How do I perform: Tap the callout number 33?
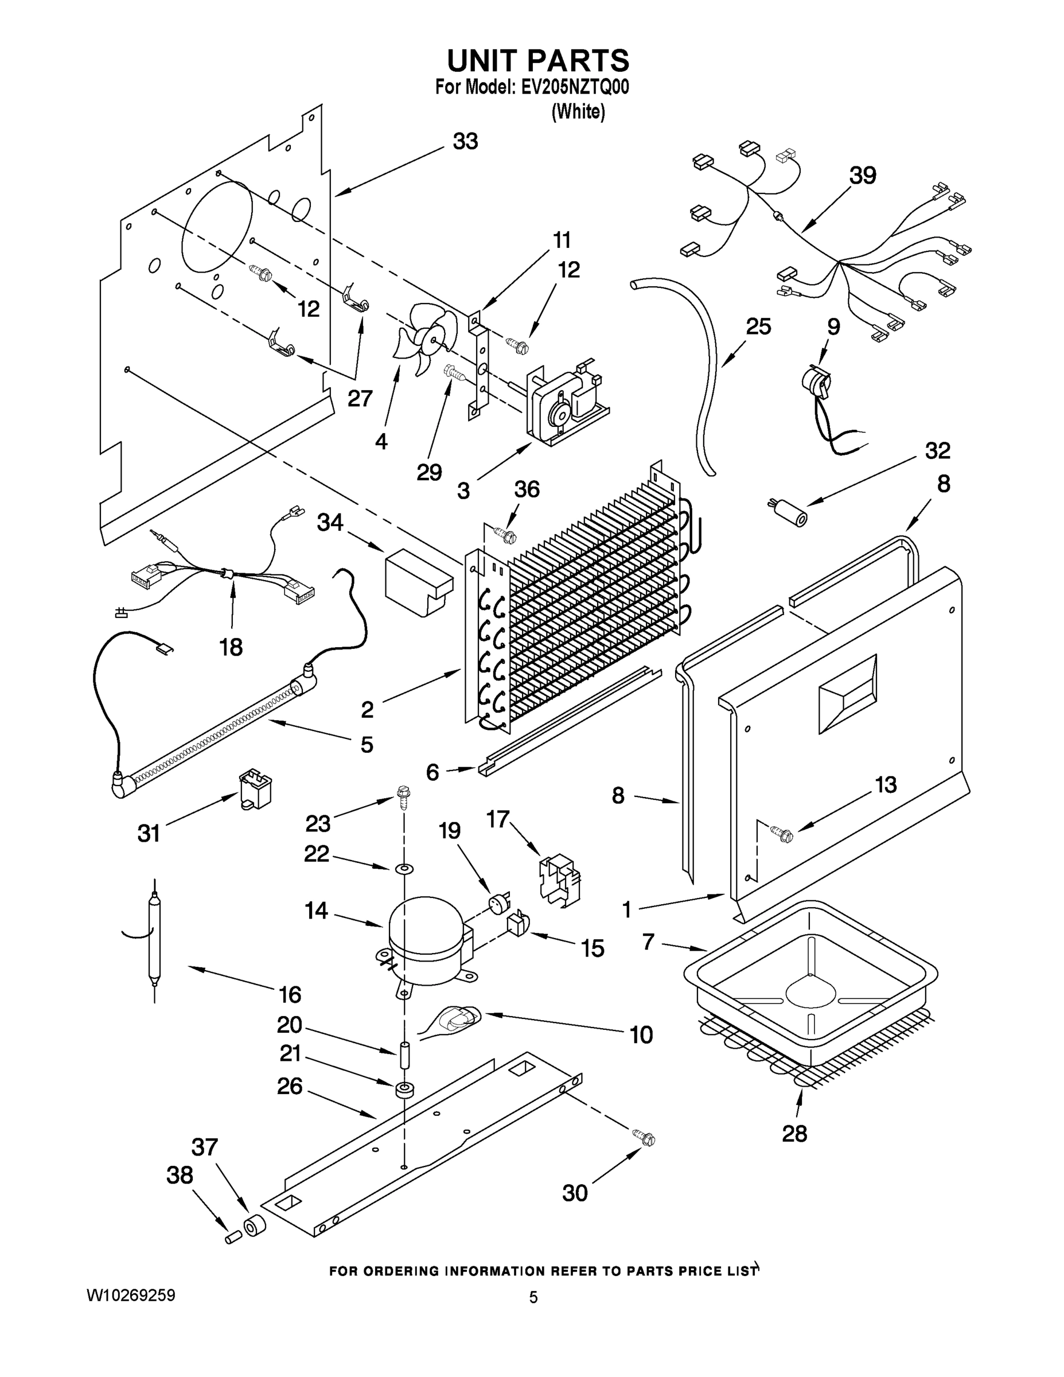tap(465, 141)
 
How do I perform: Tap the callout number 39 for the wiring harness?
tap(862, 175)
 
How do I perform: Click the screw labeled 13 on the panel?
tap(781, 835)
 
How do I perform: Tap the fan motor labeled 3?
tap(564, 403)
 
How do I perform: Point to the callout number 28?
tap(794, 1134)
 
